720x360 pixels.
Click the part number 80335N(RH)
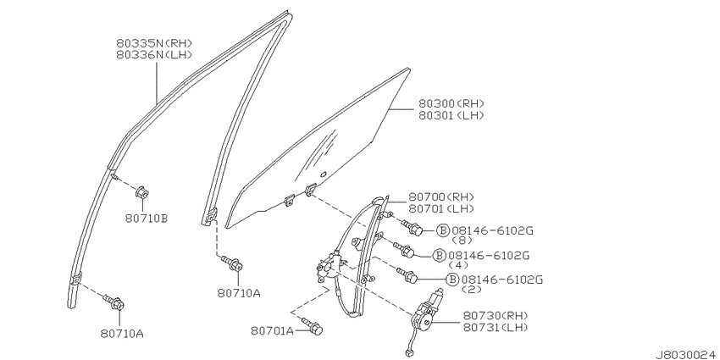154,43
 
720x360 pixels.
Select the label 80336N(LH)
154,55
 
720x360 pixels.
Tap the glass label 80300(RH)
451,104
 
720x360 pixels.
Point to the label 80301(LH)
451,115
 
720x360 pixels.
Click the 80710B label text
146,219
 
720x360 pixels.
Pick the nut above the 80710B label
143,191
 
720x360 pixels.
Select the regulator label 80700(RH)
441,197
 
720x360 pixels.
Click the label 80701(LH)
441,209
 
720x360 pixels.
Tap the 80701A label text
272,330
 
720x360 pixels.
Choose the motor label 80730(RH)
496,315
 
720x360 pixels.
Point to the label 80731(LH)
496,327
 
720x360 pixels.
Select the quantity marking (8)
462,241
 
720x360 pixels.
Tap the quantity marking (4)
457,265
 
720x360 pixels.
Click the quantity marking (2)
471,290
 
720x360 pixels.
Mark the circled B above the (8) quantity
442,230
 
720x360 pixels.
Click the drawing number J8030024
687,354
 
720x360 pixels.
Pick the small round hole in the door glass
323,174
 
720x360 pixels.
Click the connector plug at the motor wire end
408,353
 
